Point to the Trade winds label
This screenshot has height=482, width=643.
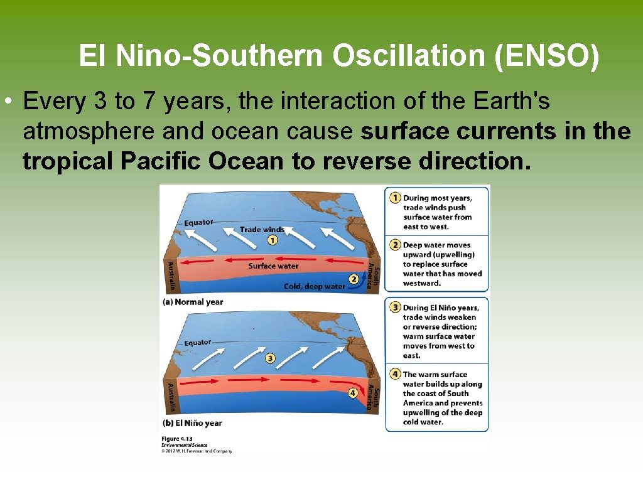262,230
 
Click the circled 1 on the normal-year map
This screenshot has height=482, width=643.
272,240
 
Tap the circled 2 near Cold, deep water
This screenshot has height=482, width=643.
354,279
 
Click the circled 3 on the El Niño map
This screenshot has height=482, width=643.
270,358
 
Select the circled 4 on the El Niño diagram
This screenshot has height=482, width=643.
353,393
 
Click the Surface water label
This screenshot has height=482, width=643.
273,266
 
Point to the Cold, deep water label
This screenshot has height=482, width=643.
315,286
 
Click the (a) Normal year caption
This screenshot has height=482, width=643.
193,302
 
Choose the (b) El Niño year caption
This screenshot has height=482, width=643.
192,423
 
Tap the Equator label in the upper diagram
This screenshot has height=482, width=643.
198,222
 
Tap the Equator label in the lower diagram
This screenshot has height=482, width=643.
197,343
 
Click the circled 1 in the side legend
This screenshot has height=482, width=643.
395,198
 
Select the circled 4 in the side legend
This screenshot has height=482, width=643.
395,374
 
